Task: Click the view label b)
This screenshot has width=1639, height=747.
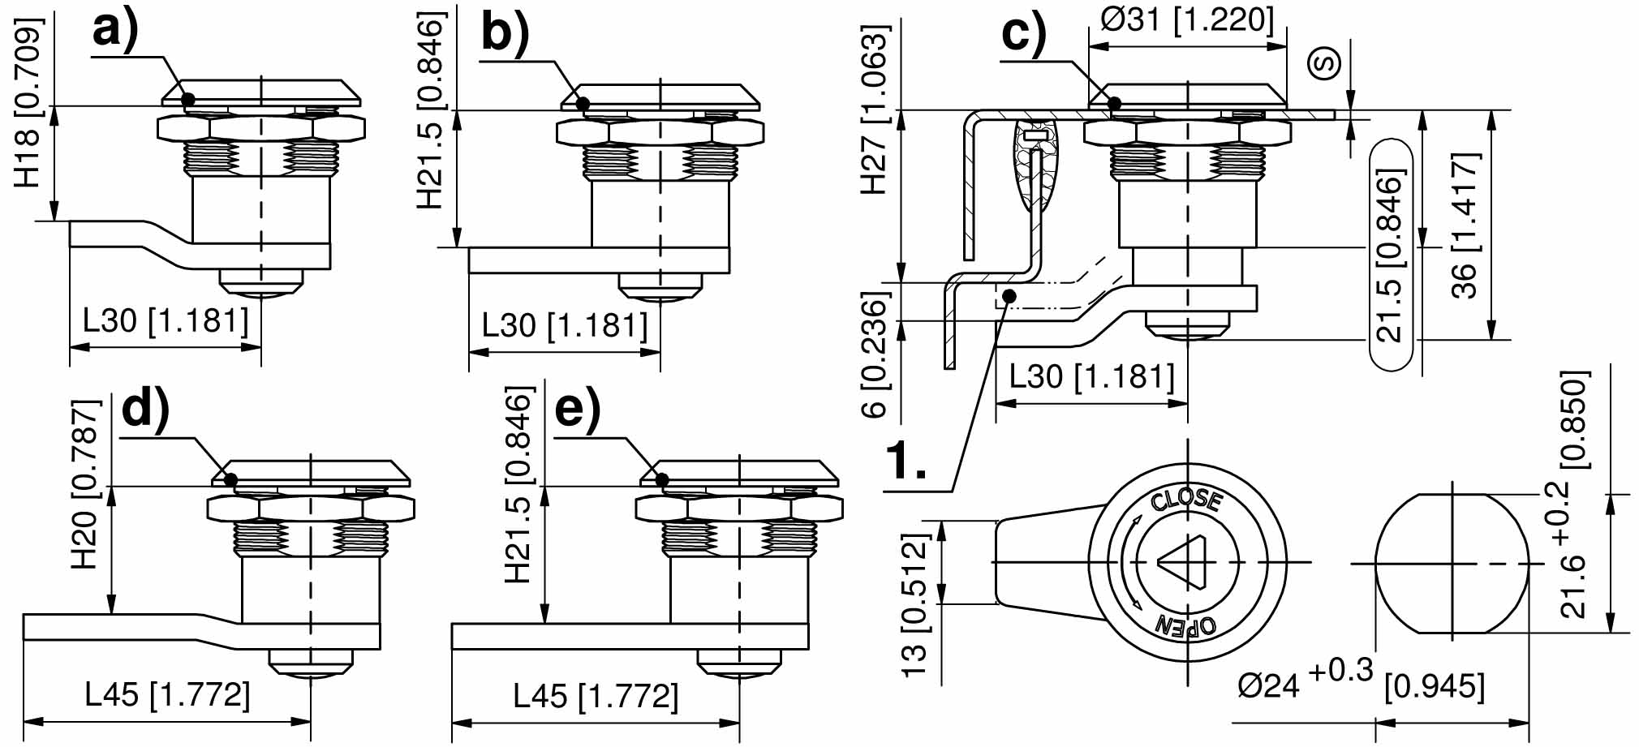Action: [x=505, y=34]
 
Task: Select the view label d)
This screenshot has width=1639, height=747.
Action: [x=145, y=408]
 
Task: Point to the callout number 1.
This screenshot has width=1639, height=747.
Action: [x=905, y=462]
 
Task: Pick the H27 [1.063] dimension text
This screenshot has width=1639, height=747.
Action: [x=874, y=109]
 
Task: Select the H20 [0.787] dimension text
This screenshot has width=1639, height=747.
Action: [x=85, y=483]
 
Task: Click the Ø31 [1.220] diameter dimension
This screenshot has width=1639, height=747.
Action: [x=1186, y=19]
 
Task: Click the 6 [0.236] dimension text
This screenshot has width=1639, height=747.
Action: [x=874, y=357]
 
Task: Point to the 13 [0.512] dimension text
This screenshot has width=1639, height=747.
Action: [x=914, y=605]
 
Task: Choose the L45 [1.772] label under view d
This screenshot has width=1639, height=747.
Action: [x=167, y=694]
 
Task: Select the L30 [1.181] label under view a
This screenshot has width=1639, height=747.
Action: [x=166, y=320]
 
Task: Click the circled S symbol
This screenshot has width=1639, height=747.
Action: [x=1324, y=62]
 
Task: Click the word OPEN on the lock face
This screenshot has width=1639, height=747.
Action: [x=1185, y=625]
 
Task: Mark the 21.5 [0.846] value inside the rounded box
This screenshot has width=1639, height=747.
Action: [x=1390, y=255]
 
